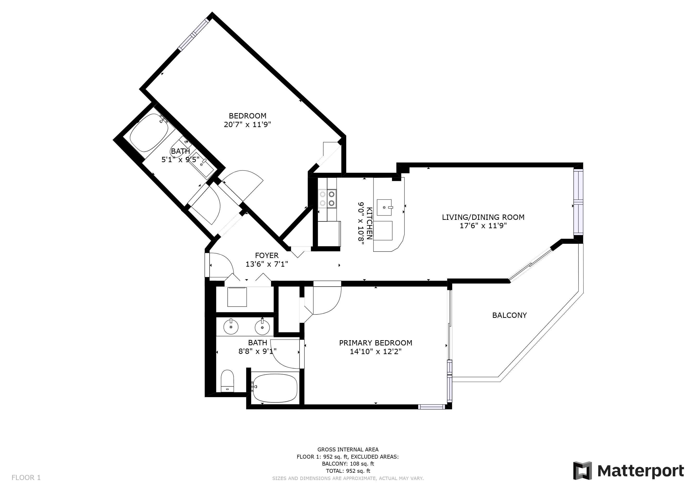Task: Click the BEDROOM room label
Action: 247,116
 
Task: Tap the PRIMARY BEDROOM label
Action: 376,343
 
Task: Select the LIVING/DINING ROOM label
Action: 483,217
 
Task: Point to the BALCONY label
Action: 509,315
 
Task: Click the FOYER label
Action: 267,255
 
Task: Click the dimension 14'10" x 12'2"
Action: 376,352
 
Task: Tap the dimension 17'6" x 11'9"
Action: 483,226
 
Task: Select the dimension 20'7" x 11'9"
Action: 247,124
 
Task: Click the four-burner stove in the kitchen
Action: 327,198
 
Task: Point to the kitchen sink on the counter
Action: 384,207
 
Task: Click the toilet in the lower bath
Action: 228,381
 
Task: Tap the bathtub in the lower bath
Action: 275,387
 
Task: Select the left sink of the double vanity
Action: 231,326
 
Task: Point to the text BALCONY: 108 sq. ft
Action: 348,463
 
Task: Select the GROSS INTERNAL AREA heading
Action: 348,449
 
